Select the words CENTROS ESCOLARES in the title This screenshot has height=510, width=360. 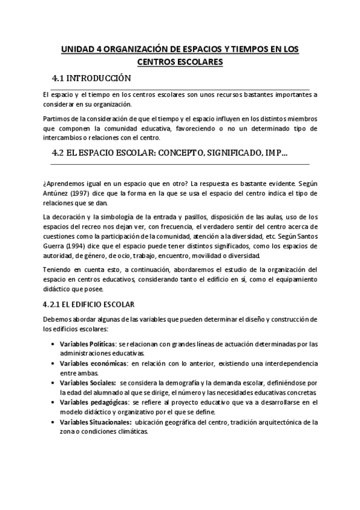pyautogui.click(x=180, y=62)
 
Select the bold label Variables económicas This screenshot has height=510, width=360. pyautogui.click(x=93, y=363)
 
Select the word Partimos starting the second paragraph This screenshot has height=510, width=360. pyautogui.click(x=56, y=118)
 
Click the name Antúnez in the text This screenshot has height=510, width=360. pyautogui.click(x=55, y=193)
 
